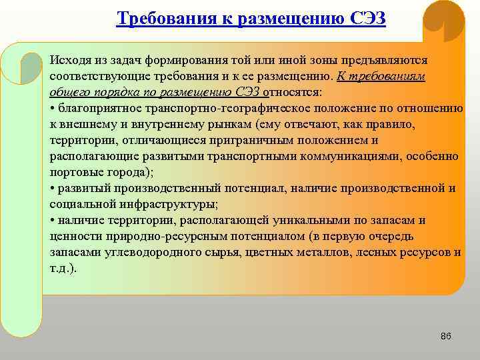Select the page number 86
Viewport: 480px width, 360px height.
[x=446, y=336]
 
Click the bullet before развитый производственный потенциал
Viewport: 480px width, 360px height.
[x=52, y=189]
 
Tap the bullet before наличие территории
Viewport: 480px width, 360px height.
[x=52, y=221]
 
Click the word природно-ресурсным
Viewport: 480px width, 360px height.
[x=147, y=236]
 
